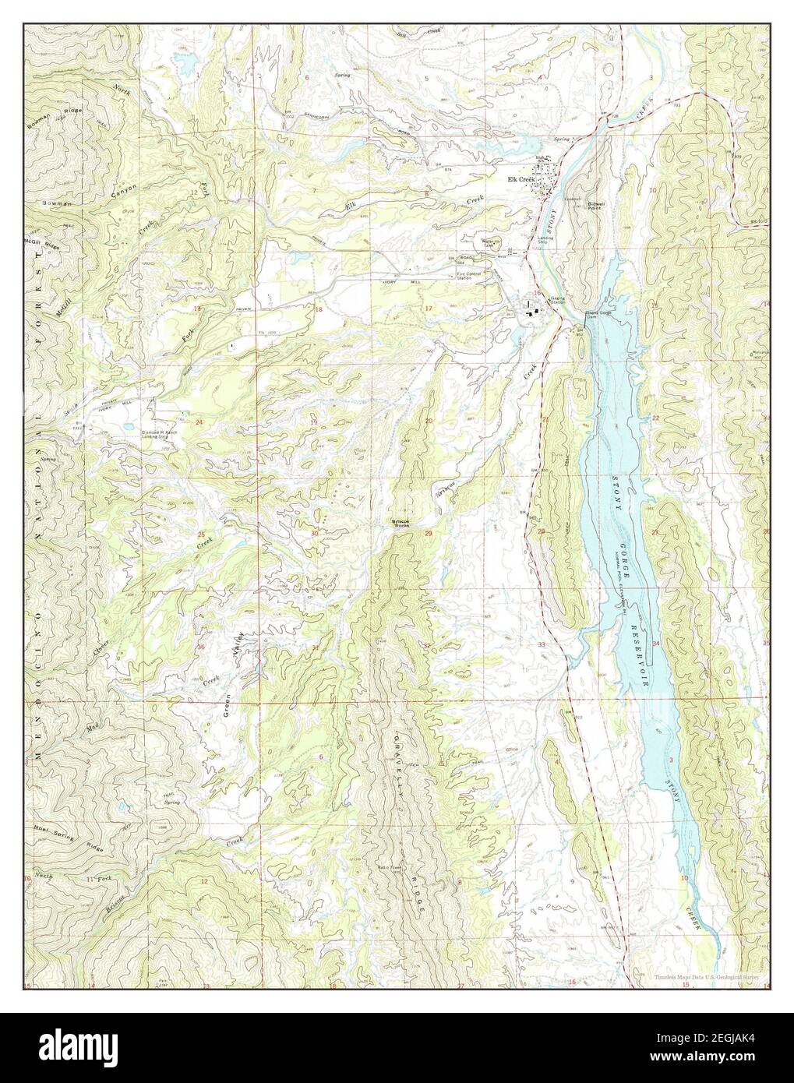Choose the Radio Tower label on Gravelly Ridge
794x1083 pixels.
click(x=390, y=870)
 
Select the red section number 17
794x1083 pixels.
click(x=428, y=309)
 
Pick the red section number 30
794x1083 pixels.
click(x=314, y=534)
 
